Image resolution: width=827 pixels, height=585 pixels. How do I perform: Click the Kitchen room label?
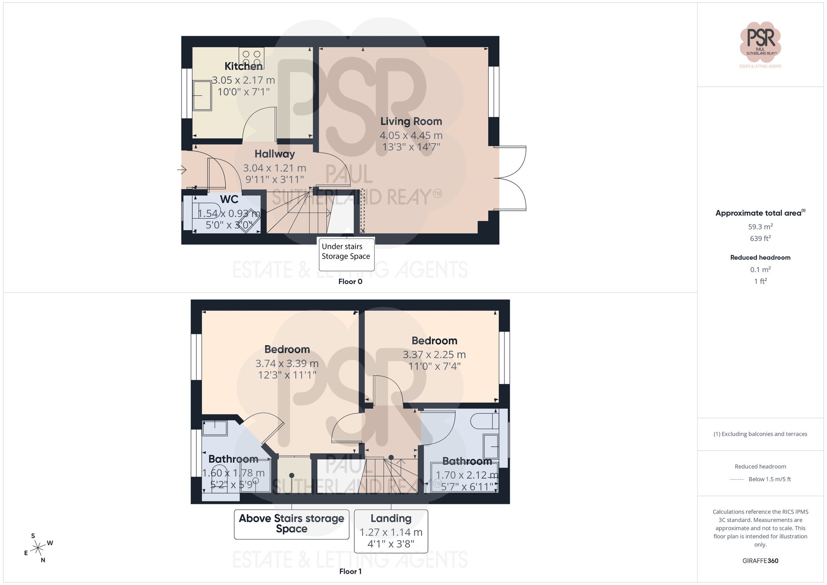pos(244,66)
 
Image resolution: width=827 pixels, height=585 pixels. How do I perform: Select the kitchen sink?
pos(202,96)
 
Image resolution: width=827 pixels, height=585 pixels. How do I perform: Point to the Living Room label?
pos(411,122)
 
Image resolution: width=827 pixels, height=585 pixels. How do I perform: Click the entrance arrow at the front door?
pos(182,170)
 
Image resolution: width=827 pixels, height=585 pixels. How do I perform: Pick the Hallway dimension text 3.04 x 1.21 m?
pos(275,168)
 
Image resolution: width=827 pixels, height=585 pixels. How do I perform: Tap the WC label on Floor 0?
pos(229,199)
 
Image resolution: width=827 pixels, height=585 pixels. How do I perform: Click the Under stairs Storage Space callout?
pos(346,251)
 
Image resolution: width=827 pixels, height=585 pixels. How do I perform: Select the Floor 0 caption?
pos(350,282)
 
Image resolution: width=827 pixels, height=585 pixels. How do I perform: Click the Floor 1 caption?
pos(350,571)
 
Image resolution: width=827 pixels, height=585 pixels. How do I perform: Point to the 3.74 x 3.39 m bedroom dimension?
pos(287,364)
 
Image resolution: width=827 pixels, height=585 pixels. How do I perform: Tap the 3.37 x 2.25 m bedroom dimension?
pos(434,355)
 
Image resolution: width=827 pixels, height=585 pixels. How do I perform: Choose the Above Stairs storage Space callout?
pos(292,523)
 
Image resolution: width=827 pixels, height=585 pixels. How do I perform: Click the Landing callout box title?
pos(391,518)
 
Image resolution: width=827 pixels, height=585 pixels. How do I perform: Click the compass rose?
pos(38,548)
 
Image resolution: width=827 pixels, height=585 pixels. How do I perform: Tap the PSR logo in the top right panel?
pos(760,42)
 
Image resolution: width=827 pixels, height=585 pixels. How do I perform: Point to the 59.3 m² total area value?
pos(760,227)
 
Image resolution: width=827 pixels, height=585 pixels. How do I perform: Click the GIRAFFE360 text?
pos(760,561)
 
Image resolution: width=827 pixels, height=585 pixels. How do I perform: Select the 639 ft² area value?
pos(760,239)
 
